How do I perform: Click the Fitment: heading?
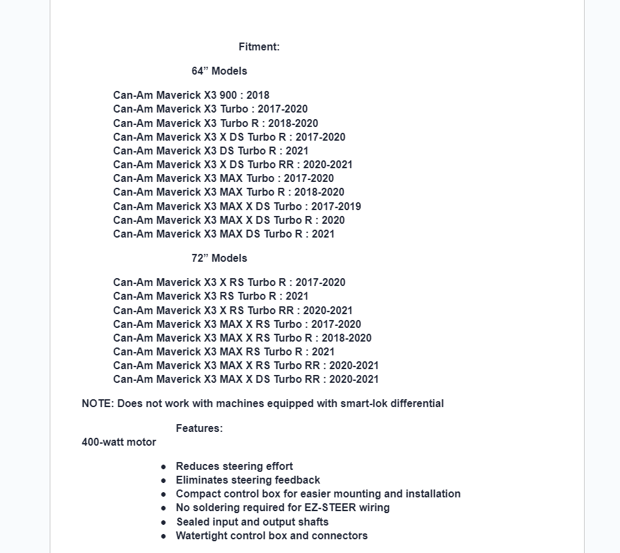pos(259,47)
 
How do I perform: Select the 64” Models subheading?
pos(219,71)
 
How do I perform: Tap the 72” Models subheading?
pos(219,259)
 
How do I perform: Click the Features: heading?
pos(199,429)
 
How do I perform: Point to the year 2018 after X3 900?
pos(258,96)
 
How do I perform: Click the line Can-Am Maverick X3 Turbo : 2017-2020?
pos(210,109)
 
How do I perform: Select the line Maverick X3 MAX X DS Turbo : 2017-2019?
pos(237,207)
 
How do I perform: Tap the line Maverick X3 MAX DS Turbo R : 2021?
pos(224,234)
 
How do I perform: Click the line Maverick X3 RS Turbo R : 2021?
pos(211,296)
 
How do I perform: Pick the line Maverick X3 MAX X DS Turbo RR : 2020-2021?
pos(246,380)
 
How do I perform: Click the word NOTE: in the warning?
pos(98,404)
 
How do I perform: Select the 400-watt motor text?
pos(119,442)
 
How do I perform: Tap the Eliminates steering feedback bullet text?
pos(248,480)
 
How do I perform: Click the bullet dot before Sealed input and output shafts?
pos(164,522)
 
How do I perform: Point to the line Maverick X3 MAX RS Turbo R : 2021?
pos(224,352)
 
